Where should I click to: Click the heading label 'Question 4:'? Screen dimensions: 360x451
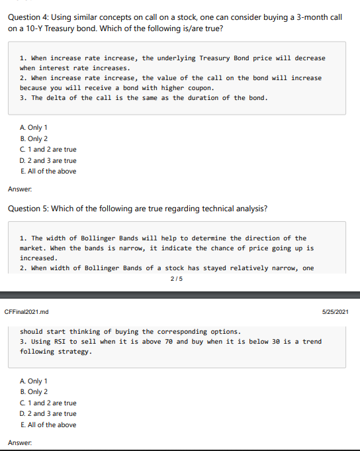coord(28,17)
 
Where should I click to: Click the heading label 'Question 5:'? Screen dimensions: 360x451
coord(28,209)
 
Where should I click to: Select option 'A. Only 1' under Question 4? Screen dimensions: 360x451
coord(34,128)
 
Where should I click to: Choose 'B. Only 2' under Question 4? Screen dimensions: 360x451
coord(34,138)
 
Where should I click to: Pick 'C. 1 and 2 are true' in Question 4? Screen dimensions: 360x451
coord(48,150)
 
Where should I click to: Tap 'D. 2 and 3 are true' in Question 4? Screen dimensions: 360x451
coord(48,160)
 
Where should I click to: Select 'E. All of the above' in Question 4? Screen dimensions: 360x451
coord(48,171)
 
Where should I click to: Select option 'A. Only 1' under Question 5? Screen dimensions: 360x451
coord(34,381)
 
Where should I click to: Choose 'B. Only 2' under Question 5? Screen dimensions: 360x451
coord(34,392)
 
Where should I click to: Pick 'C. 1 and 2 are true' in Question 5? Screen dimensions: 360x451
coord(48,403)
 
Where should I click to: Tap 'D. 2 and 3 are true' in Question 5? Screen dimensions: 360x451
coord(48,414)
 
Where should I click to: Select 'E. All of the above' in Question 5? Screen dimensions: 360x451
coord(48,425)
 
